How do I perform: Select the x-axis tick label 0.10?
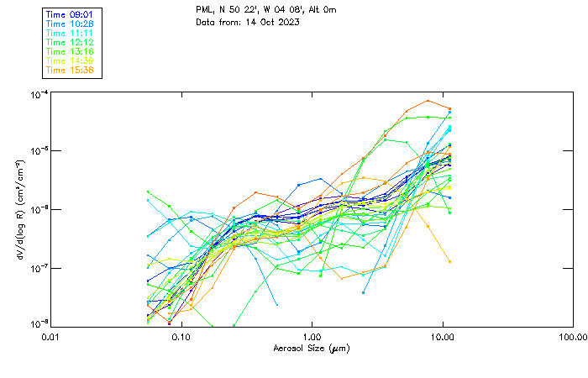(181, 336)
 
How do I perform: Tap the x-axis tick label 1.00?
(312, 336)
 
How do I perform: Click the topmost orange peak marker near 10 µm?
(428, 101)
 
